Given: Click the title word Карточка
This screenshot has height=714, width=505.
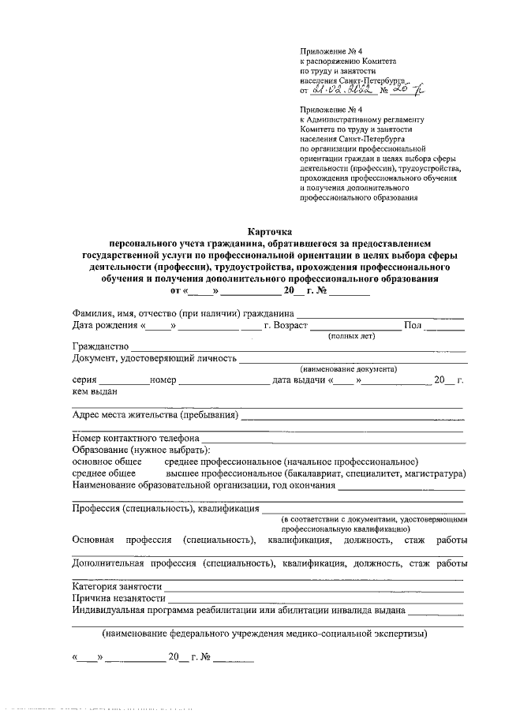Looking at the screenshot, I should [x=270, y=233].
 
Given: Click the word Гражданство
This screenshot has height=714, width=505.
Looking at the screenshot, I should [x=99, y=347].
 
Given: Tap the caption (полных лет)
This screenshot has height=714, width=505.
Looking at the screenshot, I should [x=351, y=336].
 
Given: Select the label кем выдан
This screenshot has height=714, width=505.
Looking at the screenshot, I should [x=94, y=391].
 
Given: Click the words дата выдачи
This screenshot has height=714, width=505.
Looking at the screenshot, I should [x=299, y=380].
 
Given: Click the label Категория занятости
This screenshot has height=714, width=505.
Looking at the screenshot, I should [x=117, y=587].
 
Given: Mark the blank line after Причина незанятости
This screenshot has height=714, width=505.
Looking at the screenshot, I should [x=315, y=601].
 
